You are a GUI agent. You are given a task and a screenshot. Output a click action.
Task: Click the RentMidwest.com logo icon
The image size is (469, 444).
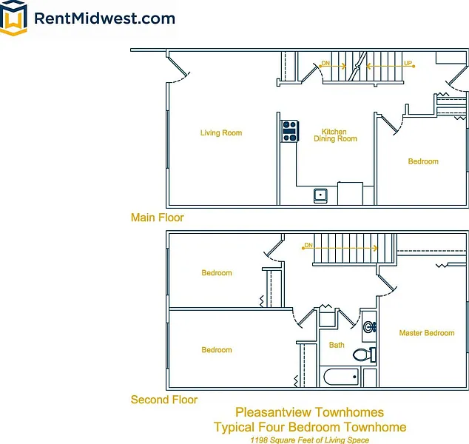click(x=15, y=18)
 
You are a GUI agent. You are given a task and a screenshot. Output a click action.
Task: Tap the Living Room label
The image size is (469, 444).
click(x=221, y=133)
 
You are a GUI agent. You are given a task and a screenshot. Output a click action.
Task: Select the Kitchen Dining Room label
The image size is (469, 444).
click(x=335, y=135)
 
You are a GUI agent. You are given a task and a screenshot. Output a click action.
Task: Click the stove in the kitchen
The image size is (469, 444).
click(x=289, y=131)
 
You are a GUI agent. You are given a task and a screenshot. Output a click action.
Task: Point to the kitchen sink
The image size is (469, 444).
click(x=320, y=195)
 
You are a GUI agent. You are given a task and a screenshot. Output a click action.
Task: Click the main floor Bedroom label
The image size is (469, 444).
click(x=423, y=161)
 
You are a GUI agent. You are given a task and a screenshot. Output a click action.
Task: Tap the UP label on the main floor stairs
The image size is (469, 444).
click(x=408, y=64)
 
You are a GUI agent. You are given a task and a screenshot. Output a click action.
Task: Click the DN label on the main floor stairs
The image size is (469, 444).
click(x=325, y=64)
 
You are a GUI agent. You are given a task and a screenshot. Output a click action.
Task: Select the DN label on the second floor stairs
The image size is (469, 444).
click(x=308, y=246)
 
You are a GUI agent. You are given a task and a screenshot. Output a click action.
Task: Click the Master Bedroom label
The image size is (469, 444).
click(x=427, y=333)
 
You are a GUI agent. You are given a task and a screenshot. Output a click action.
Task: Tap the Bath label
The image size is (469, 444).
click(x=337, y=345)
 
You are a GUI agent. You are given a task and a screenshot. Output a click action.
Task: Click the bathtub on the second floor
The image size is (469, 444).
click(x=341, y=377)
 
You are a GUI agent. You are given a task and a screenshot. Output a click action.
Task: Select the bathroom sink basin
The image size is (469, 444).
click(x=368, y=326)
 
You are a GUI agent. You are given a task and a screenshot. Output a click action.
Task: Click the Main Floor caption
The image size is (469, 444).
click(x=157, y=218)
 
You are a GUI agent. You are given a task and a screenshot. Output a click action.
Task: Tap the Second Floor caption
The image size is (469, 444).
click(x=164, y=400)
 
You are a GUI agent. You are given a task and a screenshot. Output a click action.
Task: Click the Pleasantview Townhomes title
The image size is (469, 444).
click(x=309, y=412)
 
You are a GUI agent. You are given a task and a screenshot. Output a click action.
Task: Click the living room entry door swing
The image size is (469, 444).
click(x=180, y=67)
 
